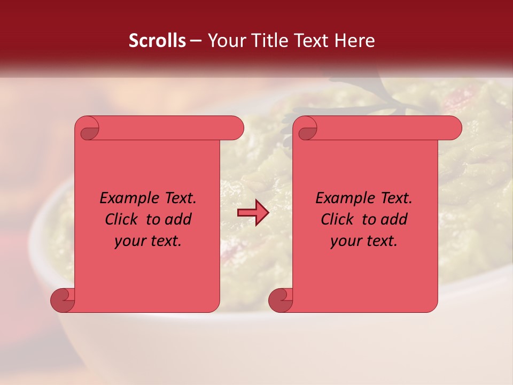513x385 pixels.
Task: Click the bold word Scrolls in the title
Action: pos(157,41)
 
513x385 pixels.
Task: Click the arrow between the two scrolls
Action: pos(253,213)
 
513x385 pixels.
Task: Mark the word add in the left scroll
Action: pos(178,219)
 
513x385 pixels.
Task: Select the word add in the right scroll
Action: pos(394,219)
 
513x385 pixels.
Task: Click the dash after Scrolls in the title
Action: pos(196,41)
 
